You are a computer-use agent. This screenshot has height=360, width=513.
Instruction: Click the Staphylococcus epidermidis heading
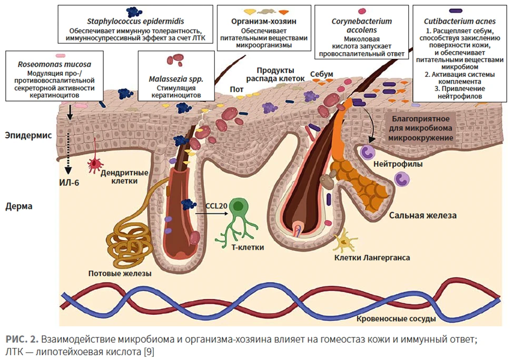135,22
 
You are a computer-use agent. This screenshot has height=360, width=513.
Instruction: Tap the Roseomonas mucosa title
54,64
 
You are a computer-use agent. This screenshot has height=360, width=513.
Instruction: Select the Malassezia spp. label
176,79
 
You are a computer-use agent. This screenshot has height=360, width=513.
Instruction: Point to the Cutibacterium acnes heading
460,22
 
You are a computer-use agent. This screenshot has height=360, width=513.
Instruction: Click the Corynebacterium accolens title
361,25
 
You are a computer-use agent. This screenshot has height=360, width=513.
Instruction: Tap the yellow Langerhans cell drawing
344,241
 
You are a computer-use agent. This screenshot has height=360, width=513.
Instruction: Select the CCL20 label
216,206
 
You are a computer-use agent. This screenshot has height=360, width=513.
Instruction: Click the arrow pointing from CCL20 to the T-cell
211,214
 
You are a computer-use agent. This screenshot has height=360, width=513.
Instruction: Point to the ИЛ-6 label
69,183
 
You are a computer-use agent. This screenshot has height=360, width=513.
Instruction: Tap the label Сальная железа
423,215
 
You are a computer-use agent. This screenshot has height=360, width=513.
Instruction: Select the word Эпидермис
28,135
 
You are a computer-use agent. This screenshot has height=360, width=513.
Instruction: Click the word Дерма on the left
18,206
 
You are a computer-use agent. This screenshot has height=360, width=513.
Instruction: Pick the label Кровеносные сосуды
396,319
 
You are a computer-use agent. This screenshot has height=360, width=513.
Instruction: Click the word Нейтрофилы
398,164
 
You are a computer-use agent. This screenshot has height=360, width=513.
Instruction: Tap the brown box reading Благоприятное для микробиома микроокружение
421,128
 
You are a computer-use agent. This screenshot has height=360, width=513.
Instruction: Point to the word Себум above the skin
321,74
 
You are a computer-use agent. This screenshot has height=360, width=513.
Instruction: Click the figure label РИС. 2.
22,339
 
